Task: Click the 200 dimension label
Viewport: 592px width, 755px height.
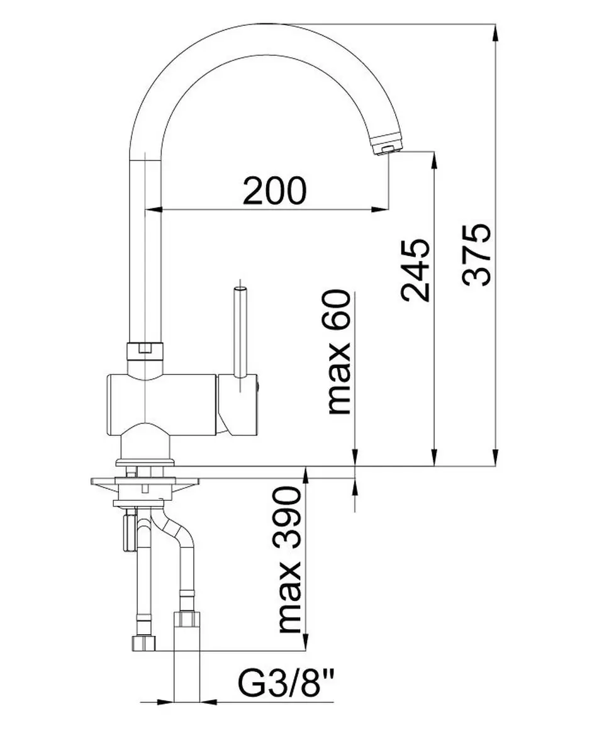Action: (275, 191)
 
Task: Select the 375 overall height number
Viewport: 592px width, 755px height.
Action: (477, 255)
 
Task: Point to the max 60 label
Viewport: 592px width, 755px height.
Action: (339, 352)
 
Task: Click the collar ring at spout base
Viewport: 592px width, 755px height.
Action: (145, 352)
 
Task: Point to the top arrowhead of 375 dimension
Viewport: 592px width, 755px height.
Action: (496, 33)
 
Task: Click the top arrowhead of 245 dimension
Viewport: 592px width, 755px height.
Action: (434, 160)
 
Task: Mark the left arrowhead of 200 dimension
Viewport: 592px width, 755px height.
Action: (154, 210)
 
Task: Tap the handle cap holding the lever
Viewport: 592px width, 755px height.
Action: (238, 405)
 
